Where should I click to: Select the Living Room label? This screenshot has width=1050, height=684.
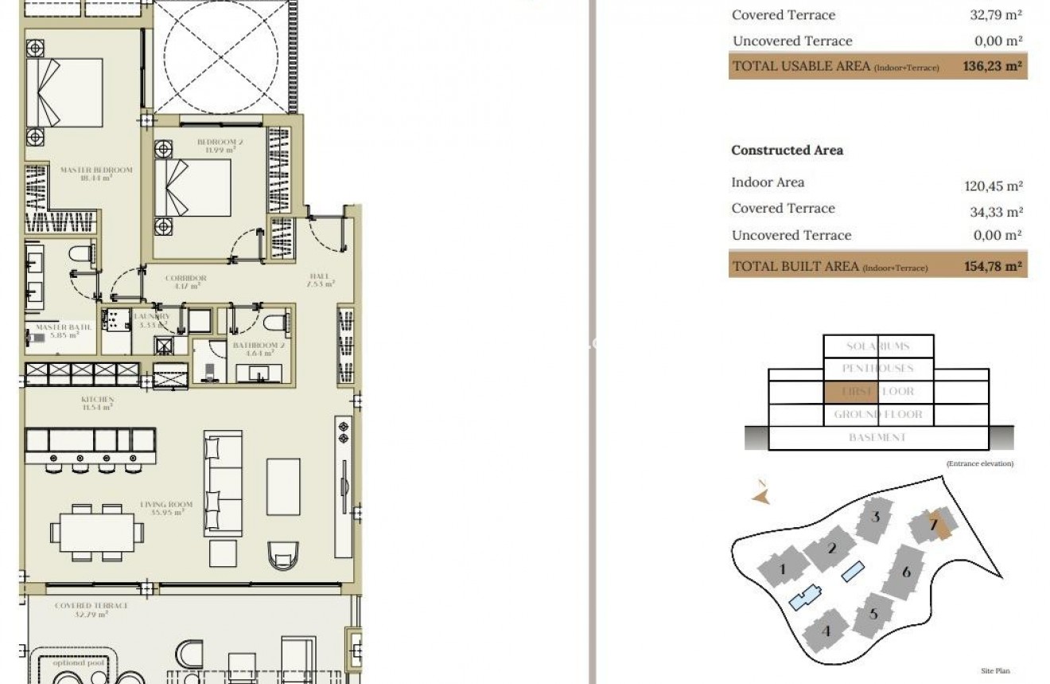tap(162, 508)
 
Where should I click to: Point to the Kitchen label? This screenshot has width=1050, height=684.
tap(97, 403)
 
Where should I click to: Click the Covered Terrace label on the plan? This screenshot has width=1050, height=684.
tap(91, 609)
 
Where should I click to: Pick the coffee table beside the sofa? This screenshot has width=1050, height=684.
tap(283, 487)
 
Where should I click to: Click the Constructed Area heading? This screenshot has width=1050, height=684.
tap(787, 150)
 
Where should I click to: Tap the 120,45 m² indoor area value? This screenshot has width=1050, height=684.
tap(993, 186)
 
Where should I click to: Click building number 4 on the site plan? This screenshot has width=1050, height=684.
tap(826, 631)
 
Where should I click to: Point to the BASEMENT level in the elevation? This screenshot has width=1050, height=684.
tap(877, 438)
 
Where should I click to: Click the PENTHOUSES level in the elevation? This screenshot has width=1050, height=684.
tap(877, 369)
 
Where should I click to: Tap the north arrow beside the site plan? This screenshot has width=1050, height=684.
tap(762, 494)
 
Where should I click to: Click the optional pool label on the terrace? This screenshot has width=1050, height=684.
tap(69, 663)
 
